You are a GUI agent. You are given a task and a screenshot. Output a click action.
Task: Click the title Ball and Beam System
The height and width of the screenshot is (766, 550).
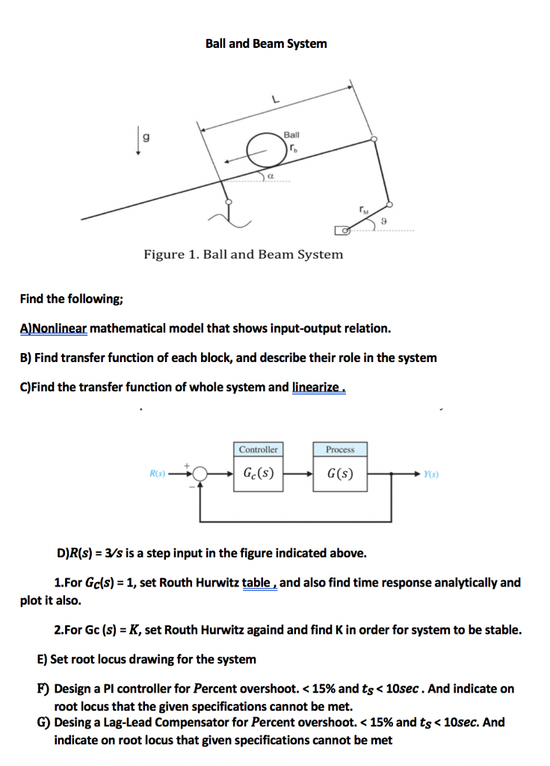click(266, 43)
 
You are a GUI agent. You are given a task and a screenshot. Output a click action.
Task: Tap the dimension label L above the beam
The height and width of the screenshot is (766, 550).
click(274, 98)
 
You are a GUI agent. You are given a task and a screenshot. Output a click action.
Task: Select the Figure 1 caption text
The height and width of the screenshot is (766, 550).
click(244, 254)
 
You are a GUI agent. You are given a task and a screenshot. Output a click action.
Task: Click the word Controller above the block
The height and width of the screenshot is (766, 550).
click(258, 450)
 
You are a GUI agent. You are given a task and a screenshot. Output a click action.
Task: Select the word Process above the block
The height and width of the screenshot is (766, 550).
click(340, 450)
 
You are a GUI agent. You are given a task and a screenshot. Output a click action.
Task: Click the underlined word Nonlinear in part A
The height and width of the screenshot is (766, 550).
click(58, 328)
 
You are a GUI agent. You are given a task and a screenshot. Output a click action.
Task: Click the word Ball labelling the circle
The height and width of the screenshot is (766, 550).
click(291, 135)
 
